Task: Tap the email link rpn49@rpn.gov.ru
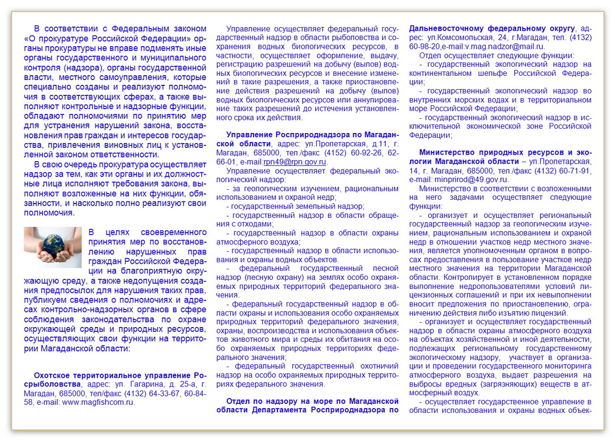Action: (x=295, y=162)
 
